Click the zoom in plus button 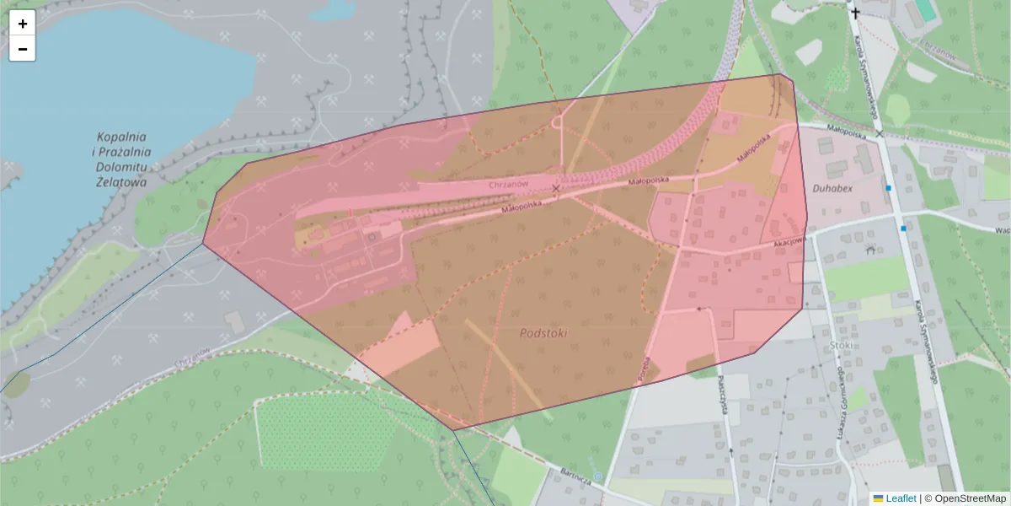(23, 24)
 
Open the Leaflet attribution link (900, 498)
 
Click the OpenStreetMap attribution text (970, 498)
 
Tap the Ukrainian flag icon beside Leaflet (878, 498)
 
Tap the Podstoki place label (543, 333)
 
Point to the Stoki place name (841, 344)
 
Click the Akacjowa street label (789, 240)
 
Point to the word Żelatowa (121, 181)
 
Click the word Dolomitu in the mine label (122, 166)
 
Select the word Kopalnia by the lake (122, 136)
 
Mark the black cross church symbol (856, 12)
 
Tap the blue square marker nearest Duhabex (888, 188)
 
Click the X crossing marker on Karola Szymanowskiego (880, 133)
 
